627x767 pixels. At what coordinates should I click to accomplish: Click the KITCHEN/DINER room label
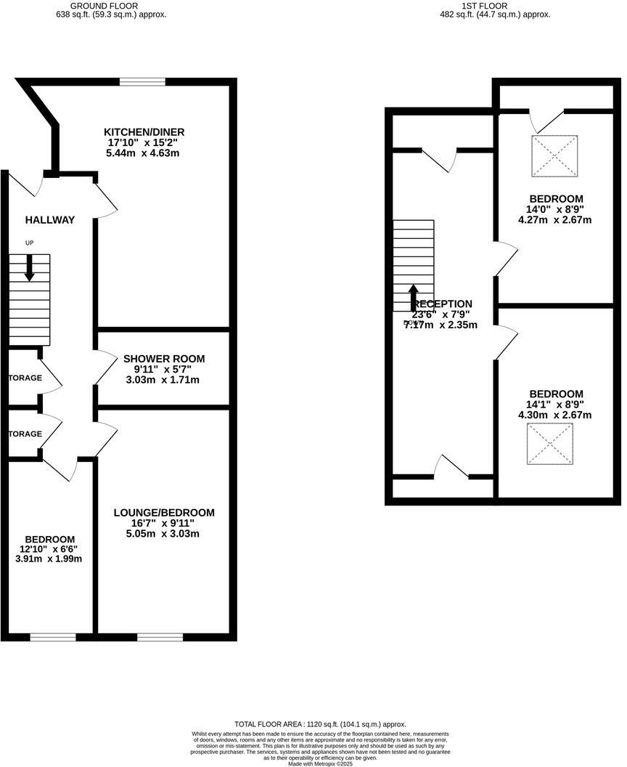pyautogui.click(x=144, y=131)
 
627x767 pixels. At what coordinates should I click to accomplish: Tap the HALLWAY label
pyautogui.click(x=49, y=220)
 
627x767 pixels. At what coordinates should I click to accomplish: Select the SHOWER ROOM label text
pyautogui.click(x=164, y=359)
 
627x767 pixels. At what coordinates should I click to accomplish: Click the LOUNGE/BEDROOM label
pyautogui.click(x=164, y=513)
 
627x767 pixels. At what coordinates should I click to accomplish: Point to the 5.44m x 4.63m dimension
pyautogui.click(x=144, y=153)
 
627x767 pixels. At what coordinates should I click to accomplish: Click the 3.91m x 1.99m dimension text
pyautogui.click(x=50, y=559)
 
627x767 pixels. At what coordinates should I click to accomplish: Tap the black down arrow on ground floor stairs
pyautogui.click(x=29, y=269)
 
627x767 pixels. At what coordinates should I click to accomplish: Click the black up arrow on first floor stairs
pyautogui.click(x=413, y=297)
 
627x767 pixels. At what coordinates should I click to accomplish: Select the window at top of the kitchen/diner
pyautogui.click(x=142, y=82)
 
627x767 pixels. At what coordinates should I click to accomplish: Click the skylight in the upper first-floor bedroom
pyautogui.click(x=555, y=155)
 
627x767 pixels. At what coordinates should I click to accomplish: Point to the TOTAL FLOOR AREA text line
pyautogui.click(x=319, y=724)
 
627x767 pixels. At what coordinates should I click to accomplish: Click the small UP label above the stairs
pyautogui.click(x=29, y=243)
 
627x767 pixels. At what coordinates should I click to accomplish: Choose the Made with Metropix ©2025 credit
pyautogui.click(x=319, y=763)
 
